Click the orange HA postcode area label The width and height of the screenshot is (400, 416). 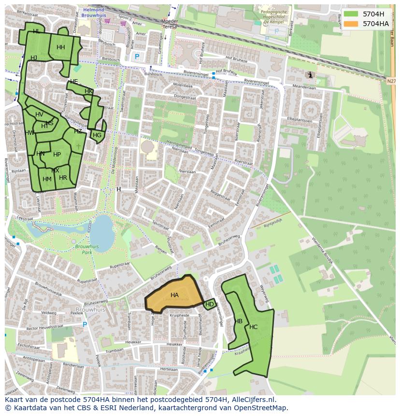tap(174, 295)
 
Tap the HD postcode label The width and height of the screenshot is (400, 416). tap(210, 304)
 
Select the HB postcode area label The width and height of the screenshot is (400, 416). tap(238, 321)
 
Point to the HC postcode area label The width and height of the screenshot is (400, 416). tap(253, 327)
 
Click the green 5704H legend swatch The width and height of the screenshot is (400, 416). tap(351, 14)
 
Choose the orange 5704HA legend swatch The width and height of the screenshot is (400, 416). tap(351, 23)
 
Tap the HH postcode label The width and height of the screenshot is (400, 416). tap(60, 47)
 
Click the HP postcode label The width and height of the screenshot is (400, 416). tap(57, 155)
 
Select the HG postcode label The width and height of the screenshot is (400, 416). tap(97, 135)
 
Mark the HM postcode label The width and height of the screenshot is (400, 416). tap(47, 179)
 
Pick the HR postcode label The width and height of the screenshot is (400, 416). tap(63, 178)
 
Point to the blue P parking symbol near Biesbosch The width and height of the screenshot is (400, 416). tap(137, 57)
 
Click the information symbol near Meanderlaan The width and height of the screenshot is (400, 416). tap(309, 75)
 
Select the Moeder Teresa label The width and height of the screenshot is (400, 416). tap(170, 24)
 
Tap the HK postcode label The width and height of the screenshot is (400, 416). tap(88, 91)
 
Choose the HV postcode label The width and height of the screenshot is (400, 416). tap(39, 115)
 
